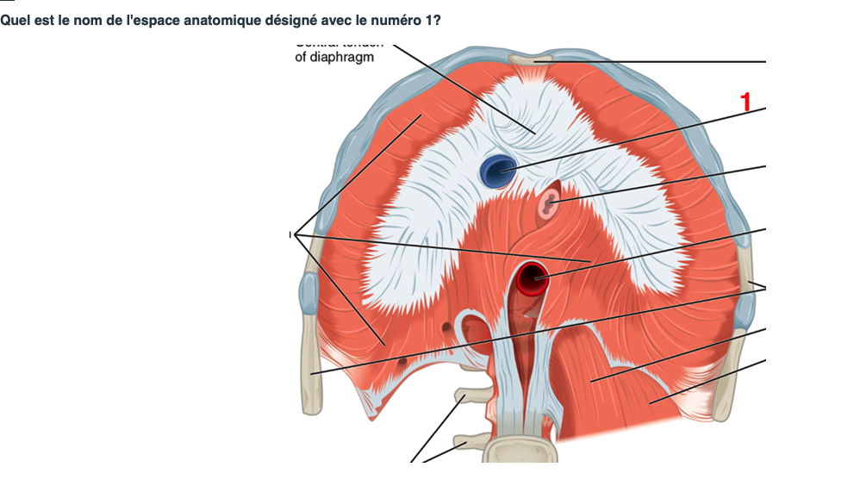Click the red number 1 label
(x=746, y=102)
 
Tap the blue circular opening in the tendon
(x=498, y=171)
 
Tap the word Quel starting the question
(x=15, y=21)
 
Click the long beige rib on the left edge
(x=312, y=345)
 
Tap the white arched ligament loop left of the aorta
(x=472, y=332)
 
